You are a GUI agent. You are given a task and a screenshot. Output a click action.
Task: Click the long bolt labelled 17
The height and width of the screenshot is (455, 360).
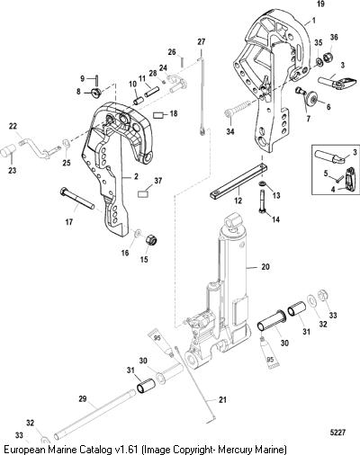click(77, 199)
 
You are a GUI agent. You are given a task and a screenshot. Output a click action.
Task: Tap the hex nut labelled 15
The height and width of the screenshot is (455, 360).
click(151, 240)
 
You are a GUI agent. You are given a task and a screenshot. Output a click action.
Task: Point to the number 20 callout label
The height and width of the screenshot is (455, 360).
click(265, 266)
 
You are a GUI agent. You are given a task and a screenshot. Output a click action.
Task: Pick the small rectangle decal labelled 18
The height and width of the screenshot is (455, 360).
click(157, 115)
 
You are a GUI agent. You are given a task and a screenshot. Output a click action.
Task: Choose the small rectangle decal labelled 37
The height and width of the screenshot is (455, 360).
click(143, 194)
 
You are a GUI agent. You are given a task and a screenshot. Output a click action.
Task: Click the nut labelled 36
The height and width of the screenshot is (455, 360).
click(328, 57)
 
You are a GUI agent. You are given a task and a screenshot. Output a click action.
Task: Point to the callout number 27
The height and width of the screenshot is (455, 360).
click(202, 41)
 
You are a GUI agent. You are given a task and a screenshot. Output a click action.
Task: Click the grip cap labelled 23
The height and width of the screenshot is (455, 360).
click(7, 151)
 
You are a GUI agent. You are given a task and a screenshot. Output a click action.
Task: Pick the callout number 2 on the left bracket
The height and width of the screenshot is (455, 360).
click(136, 177)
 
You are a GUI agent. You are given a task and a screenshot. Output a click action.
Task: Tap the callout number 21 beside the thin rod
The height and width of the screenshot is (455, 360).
click(222, 399)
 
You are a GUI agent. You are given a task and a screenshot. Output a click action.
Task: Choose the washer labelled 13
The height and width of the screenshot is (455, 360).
click(262, 183)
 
